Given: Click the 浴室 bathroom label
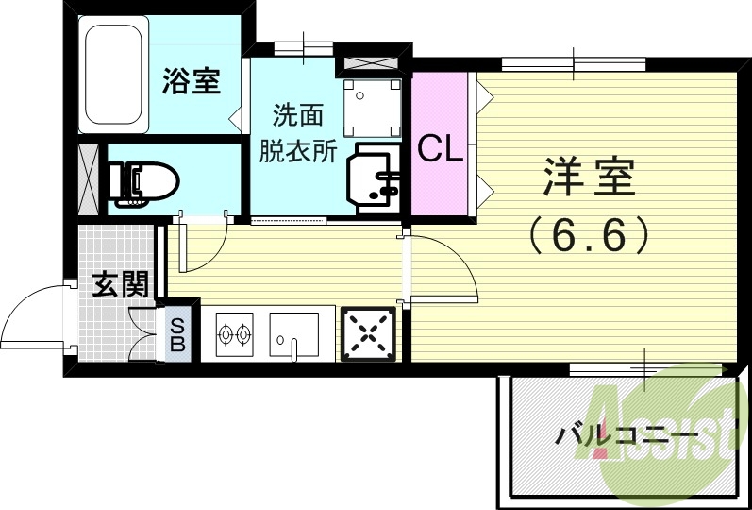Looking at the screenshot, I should coord(192,81).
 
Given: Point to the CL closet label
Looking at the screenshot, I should coord(441,149).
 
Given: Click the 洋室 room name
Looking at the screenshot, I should coord(588,177).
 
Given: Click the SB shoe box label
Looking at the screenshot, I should coord(178,334).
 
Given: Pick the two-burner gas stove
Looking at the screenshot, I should coord(235,333).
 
